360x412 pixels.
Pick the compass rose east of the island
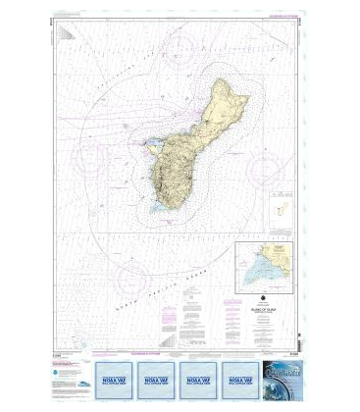267,169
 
